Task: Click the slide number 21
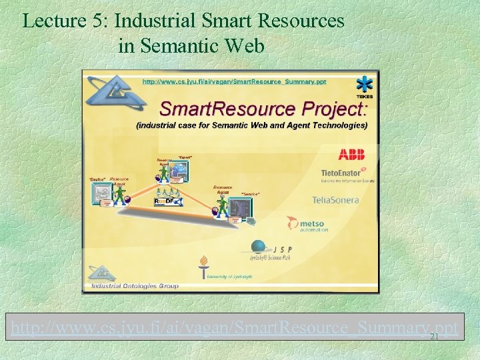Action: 434,337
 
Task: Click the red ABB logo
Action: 351,155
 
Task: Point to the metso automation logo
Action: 308,224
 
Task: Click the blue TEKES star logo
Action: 364,85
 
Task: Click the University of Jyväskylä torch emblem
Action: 203,265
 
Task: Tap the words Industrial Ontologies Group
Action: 135,286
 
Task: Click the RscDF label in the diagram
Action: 164,201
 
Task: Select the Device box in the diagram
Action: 103,194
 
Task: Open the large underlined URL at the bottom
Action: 233,327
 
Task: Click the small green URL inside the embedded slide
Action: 235,81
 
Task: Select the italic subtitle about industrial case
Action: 251,125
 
